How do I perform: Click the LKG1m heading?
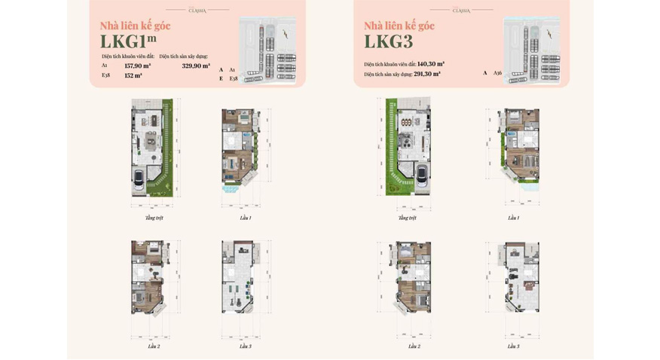(x=128, y=41)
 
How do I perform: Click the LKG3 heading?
(x=388, y=41)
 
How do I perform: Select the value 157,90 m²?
(x=137, y=66)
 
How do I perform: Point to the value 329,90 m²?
(x=196, y=66)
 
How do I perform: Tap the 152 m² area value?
(x=133, y=75)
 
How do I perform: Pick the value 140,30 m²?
(x=430, y=64)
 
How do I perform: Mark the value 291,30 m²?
(x=426, y=74)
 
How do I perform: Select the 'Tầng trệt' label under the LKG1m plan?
(x=154, y=218)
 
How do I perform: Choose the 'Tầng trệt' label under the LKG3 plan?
(x=407, y=218)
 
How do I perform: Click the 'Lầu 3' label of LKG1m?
(x=246, y=346)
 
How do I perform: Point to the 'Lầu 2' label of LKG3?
(x=414, y=346)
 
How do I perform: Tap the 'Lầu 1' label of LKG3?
(x=513, y=218)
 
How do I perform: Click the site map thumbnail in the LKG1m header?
(x=267, y=50)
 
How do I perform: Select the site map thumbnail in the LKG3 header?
(x=531, y=50)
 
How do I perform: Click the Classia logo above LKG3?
(x=461, y=10)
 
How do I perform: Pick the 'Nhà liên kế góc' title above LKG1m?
(x=135, y=26)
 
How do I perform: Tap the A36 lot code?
(x=497, y=73)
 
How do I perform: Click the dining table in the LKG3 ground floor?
(x=406, y=122)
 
